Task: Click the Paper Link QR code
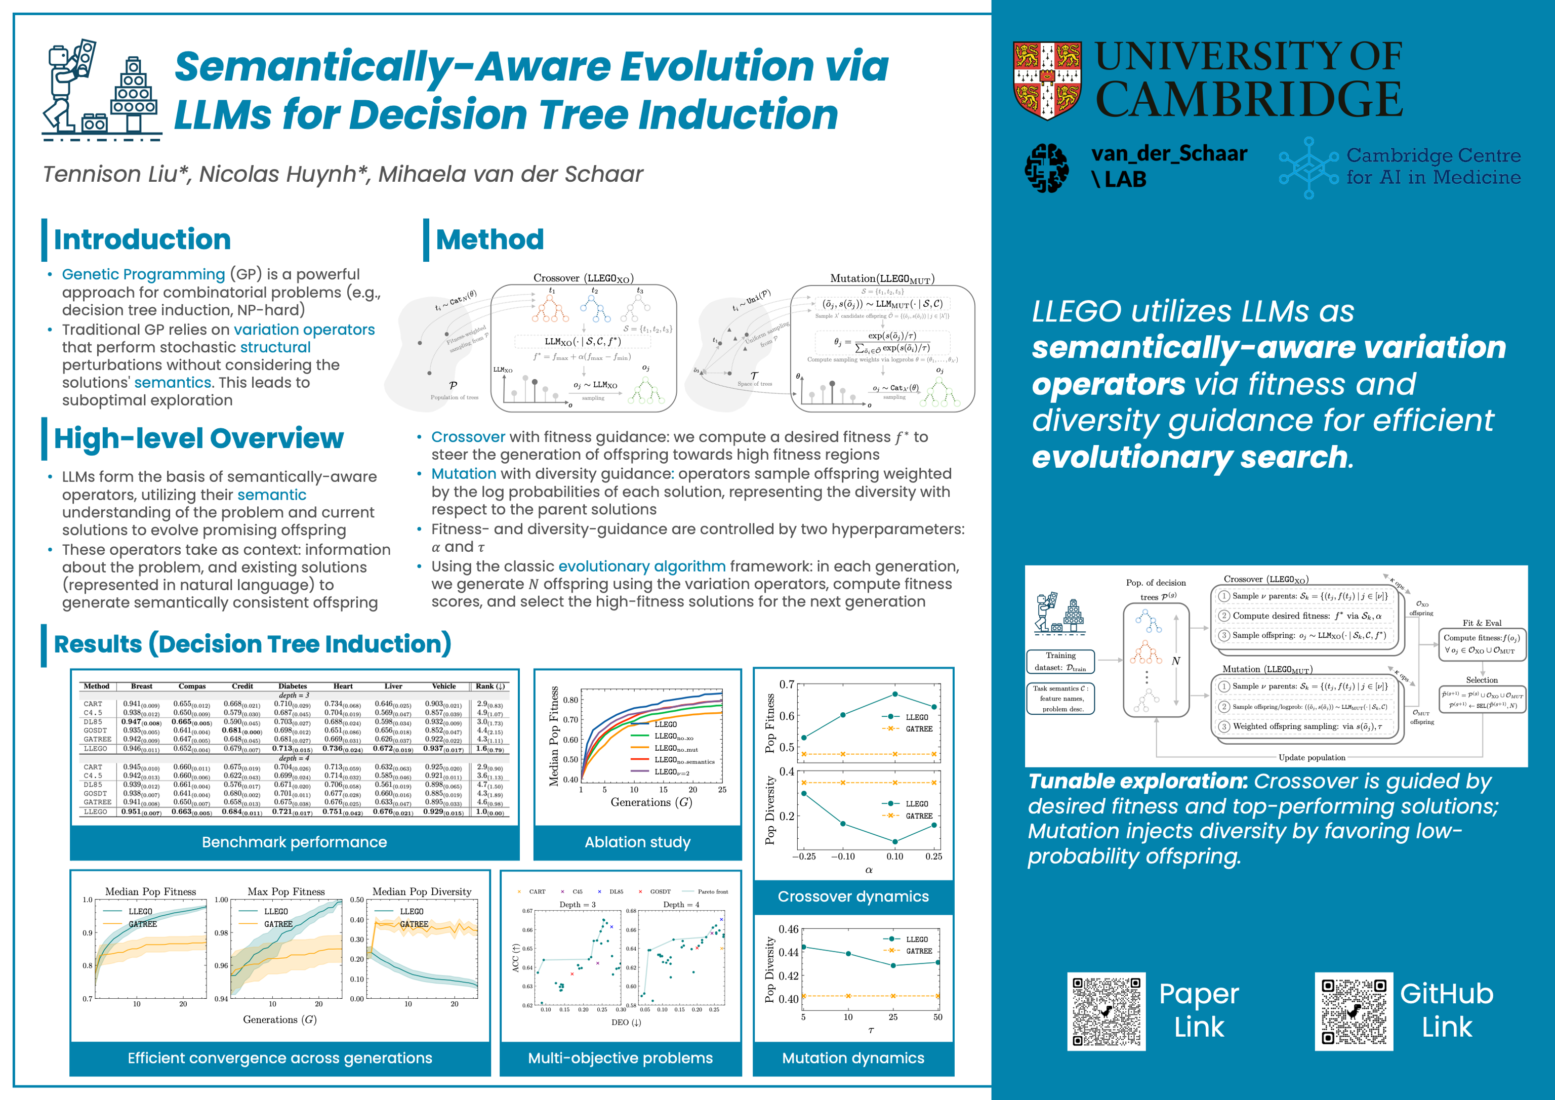point(1106,1011)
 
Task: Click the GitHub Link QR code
point(1354,1011)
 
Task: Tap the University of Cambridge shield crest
point(1047,80)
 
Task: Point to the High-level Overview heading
point(198,439)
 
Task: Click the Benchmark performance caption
point(295,842)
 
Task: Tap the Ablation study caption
point(637,842)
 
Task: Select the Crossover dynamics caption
point(853,896)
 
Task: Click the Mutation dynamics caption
point(853,1058)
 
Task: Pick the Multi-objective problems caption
point(621,1058)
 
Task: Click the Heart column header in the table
point(343,686)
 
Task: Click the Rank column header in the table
point(489,686)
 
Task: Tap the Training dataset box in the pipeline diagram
point(1060,661)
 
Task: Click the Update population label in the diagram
point(1312,757)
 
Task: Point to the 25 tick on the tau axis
point(893,1016)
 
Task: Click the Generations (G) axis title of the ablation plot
point(651,802)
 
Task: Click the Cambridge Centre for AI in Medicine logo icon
point(1308,167)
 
